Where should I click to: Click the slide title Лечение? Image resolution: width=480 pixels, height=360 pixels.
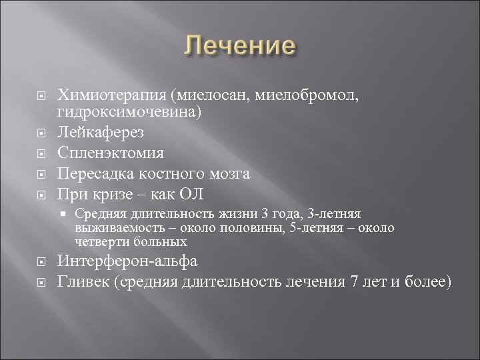click(x=239, y=47)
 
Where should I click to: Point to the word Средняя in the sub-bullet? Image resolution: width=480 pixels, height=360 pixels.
click(x=97, y=215)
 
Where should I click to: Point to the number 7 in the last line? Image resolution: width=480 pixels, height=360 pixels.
click(x=353, y=281)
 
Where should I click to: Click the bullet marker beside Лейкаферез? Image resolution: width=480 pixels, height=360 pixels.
click(x=41, y=136)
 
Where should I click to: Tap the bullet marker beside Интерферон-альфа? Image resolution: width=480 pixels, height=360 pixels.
click(x=41, y=262)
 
